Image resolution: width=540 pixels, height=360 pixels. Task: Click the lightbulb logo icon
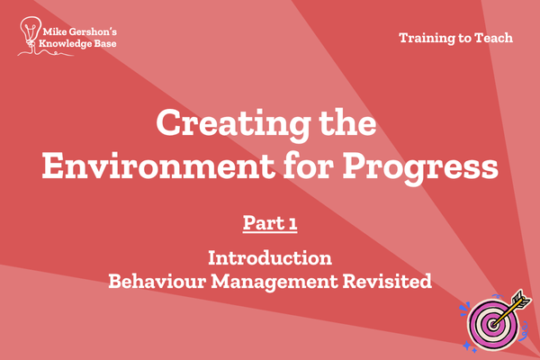click(31, 32)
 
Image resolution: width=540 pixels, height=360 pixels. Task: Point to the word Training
click(427, 38)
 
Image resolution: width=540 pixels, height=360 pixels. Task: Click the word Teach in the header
click(494, 38)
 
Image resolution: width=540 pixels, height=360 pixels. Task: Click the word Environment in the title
click(157, 166)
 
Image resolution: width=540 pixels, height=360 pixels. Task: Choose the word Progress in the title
click(420, 168)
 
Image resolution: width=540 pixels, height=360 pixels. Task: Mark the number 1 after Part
click(293, 224)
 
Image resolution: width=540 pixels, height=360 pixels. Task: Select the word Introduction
click(270, 257)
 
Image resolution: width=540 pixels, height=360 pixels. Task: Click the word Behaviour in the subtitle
click(157, 281)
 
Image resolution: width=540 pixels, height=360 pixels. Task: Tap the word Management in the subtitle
click(274, 282)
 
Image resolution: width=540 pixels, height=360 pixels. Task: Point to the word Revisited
click(387, 281)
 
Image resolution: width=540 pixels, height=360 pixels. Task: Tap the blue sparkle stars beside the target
click(469, 346)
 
